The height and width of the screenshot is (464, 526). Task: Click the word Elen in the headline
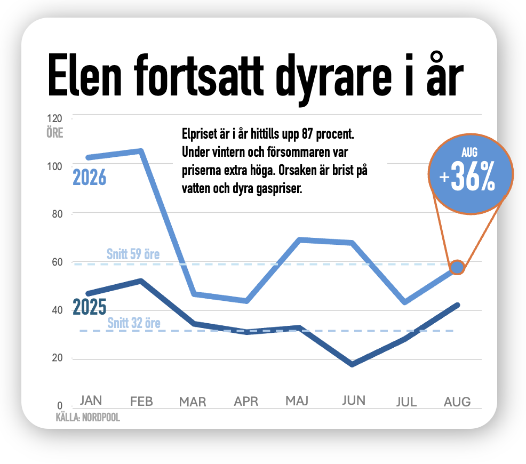(84, 75)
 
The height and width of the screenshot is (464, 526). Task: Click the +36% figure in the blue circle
(467, 177)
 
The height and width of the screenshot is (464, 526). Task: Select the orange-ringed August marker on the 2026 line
(457, 267)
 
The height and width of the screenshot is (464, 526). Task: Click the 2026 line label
(89, 178)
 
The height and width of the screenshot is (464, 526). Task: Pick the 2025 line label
(89, 307)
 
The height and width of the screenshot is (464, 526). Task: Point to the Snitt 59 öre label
(133, 254)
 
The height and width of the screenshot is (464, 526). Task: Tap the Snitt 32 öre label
(134, 323)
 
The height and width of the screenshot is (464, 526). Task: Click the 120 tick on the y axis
(54, 118)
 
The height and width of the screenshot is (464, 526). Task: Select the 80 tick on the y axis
(58, 214)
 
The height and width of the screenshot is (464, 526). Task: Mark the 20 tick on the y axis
(58, 358)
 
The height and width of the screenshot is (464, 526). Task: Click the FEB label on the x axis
(141, 401)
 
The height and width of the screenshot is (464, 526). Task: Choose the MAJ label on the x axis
(297, 401)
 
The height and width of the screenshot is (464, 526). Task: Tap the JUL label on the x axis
(407, 402)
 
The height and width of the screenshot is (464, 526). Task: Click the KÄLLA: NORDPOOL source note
(88, 418)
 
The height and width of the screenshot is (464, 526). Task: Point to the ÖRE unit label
(54, 133)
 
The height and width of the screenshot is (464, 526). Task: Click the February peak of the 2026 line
(141, 151)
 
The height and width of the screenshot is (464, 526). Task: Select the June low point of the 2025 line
(352, 364)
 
